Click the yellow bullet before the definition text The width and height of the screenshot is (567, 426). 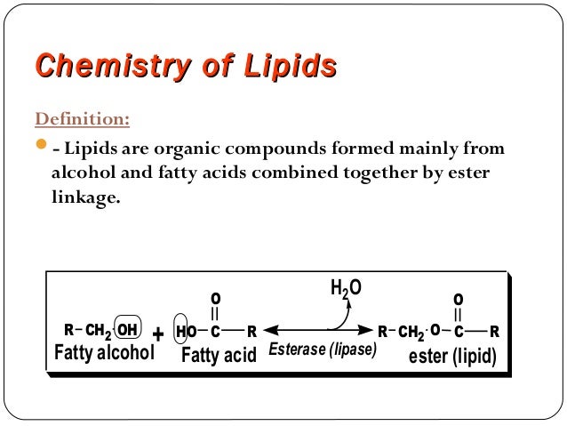[42, 146]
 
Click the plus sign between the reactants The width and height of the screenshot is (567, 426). [158, 334]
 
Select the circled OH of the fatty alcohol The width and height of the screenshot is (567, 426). [127, 332]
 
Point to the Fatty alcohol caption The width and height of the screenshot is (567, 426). [106, 355]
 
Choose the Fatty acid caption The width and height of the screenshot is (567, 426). [219, 356]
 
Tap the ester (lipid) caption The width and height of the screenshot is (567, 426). [451, 356]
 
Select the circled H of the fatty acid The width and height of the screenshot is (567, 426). [180, 332]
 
